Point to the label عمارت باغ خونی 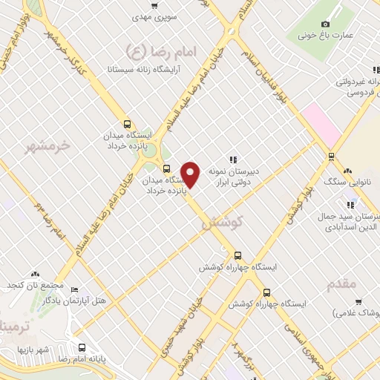[324, 34]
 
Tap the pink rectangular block [320, 122]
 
